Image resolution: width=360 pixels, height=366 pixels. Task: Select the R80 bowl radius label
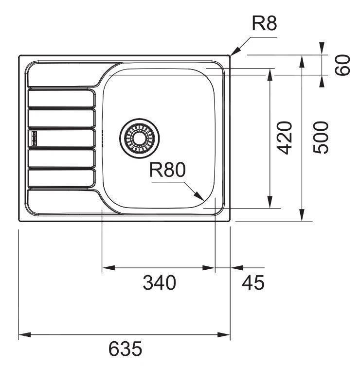point(167,171)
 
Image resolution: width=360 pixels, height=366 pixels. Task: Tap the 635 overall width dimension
point(125,349)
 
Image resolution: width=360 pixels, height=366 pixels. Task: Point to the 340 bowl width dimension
point(159,282)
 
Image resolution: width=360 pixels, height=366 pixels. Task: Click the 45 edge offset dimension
point(252,282)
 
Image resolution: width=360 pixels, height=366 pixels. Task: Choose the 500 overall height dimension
point(321,138)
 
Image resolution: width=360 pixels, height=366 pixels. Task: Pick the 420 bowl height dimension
point(287,138)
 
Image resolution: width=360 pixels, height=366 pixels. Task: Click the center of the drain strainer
point(138,138)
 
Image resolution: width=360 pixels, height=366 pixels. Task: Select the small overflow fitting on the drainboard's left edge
point(34,138)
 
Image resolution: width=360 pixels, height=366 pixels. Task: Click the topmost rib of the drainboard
point(61,98)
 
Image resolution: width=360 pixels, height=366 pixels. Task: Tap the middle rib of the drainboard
point(61,138)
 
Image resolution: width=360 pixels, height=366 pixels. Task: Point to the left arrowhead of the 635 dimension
point(23,335)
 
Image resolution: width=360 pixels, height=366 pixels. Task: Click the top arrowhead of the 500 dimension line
point(302,60)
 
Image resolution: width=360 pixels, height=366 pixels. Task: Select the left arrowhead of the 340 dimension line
point(107,268)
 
